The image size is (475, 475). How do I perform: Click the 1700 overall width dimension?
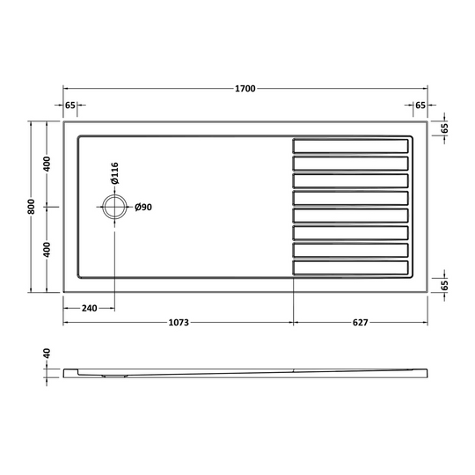245,89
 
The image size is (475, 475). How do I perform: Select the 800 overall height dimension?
32,207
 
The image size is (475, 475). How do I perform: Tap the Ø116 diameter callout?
113,173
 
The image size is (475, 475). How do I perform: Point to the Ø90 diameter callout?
144,208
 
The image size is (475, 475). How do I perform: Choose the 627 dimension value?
360,322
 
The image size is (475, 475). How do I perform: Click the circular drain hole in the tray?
114,208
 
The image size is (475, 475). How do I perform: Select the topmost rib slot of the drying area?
351,144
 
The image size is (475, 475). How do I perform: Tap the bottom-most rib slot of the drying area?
351,267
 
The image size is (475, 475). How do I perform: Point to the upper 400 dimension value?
47,164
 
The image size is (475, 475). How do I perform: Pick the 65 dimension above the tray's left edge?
70,105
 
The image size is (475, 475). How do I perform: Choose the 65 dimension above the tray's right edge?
420,105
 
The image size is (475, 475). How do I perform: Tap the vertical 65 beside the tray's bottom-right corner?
445,285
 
